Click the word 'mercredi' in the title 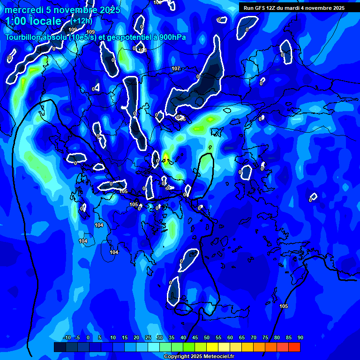[22, 10]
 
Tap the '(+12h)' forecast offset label [82, 21]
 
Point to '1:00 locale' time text [33, 22]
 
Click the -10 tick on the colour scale [67, 338]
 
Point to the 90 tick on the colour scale [300, 338]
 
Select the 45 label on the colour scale [195, 338]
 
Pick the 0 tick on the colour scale [88, 338]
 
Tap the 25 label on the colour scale [148, 338]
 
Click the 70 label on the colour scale [253, 338]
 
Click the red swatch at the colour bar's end [294, 347]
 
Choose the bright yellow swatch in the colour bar [212, 347]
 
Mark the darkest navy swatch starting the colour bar [60, 347]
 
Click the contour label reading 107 [176, 69]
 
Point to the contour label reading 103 [143, 50]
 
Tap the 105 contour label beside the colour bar [284, 306]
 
